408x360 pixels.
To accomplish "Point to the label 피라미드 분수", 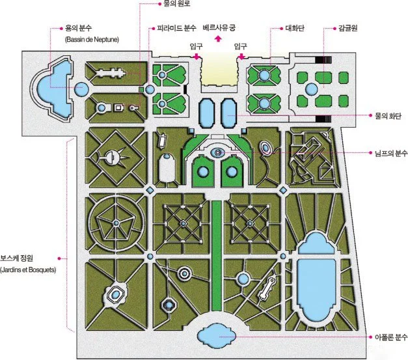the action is pyautogui.click(x=177, y=29).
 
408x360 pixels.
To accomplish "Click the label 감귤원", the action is pyautogui.click(x=349, y=29).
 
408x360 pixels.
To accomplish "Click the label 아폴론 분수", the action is pyautogui.click(x=390, y=337).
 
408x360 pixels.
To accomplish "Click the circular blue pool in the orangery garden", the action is pyautogui.click(x=312, y=89).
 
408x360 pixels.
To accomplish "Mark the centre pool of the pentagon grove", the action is pyautogui.click(x=115, y=223).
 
